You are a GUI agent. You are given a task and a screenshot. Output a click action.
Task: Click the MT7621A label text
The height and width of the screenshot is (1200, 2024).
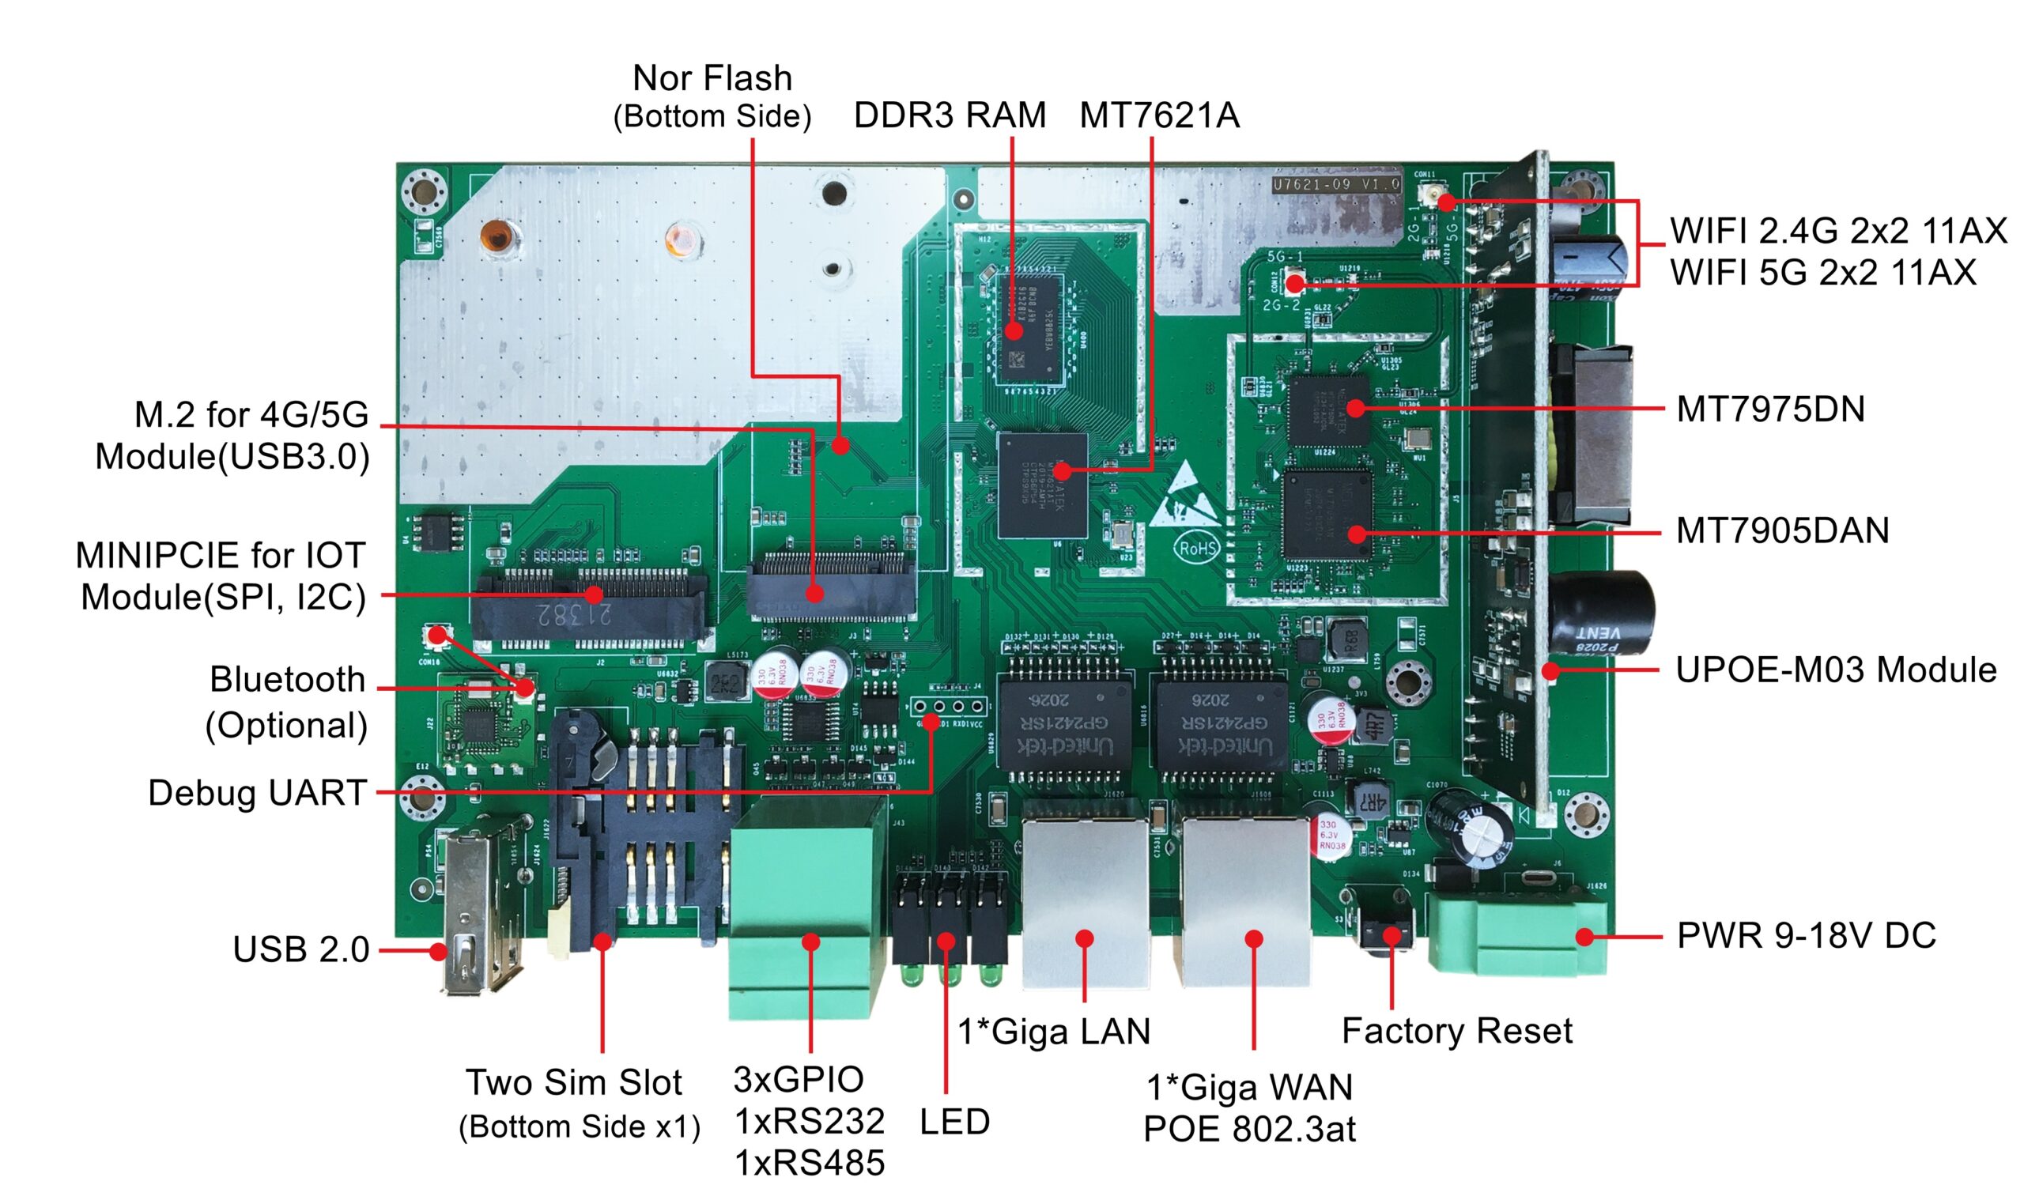click(1159, 115)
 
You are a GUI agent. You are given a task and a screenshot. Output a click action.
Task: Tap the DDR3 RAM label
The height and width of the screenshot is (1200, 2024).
click(950, 115)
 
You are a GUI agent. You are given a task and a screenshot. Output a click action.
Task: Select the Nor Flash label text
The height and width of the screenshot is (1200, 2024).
click(712, 78)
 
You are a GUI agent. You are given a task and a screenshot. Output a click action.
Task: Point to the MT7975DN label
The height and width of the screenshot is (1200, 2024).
click(1770, 410)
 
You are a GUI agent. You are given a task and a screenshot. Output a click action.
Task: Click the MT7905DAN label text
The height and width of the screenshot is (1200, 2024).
click(1782, 531)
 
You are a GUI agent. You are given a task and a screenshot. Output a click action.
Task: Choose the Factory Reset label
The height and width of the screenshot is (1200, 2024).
click(1456, 1031)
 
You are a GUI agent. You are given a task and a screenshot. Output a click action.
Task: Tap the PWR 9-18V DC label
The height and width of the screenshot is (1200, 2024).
click(1807, 936)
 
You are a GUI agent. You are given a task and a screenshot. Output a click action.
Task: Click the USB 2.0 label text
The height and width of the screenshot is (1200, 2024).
click(300, 949)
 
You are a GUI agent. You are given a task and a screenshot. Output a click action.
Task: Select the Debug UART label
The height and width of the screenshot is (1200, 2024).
click(257, 792)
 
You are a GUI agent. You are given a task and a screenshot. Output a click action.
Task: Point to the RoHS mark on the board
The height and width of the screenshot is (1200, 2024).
click(1197, 549)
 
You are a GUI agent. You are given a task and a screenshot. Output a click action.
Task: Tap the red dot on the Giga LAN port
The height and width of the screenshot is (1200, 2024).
click(1086, 938)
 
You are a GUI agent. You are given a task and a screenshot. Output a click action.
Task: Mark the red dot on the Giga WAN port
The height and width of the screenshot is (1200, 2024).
click(1253, 938)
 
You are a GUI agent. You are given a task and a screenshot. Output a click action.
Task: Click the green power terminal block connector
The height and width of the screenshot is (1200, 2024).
click(1516, 930)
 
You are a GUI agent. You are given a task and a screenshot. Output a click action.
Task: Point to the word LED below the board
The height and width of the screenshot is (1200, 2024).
click(954, 1122)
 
